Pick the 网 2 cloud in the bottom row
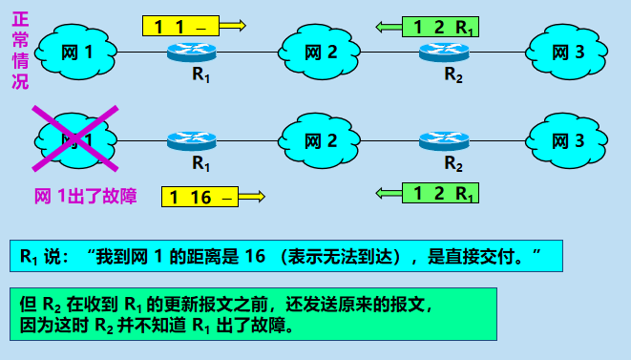point(321,140)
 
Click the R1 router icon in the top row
point(190,52)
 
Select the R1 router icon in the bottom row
point(190,140)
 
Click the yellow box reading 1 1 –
point(180,26)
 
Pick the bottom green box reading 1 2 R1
point(440,194)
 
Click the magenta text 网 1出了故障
point(85,197)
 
